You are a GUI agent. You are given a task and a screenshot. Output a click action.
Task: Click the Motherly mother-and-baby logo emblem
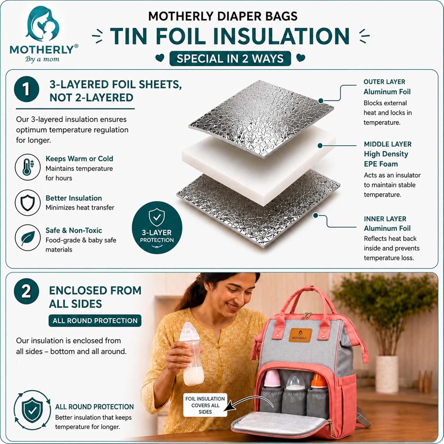point(43,25)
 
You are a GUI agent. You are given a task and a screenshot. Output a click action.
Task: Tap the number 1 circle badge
point(26,89)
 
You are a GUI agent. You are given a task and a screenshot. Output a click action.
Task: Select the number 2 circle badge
point(26,291)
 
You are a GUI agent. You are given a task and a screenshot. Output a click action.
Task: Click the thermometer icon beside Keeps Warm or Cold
point(28,167)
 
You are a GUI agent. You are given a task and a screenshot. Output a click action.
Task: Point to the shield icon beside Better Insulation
point(28,203)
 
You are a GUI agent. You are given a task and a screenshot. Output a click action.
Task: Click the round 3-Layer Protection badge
point(157,228)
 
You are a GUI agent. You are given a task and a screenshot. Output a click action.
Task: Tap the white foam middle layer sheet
point(259,164)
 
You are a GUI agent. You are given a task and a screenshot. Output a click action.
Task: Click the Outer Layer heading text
point(384,82)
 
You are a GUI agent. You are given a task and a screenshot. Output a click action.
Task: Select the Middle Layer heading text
point(387,144)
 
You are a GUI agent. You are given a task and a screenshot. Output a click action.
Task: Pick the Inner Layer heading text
point(385,219)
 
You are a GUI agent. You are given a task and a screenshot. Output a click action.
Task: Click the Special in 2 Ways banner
point(230,59)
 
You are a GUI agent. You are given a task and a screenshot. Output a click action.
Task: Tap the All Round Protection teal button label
point(95,321)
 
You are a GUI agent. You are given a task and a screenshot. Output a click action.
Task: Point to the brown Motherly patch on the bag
point(300,335)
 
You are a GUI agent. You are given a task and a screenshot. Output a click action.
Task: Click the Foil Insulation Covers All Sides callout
point(205,405)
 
